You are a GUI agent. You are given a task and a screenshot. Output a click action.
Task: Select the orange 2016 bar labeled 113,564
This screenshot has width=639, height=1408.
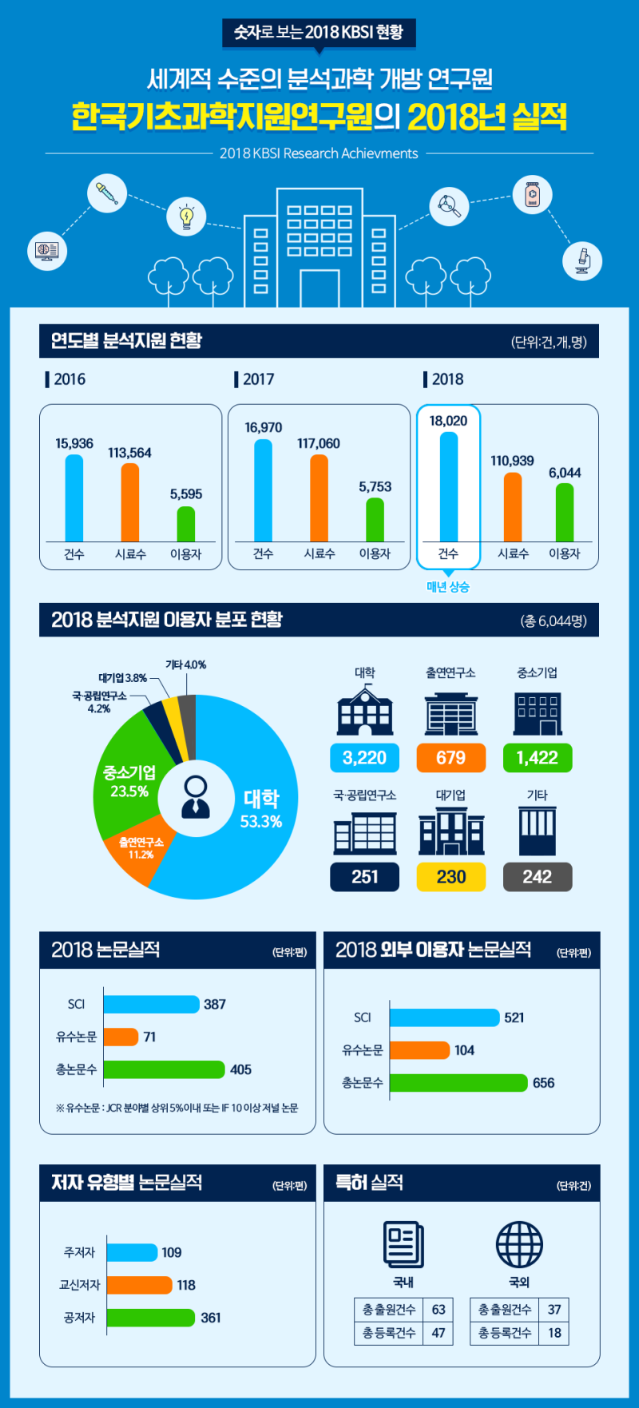click(130, 502)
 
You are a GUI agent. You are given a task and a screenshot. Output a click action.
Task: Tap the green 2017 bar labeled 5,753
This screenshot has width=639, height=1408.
click(375, 520)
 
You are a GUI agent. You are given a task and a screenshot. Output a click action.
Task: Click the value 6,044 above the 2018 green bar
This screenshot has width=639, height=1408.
click(565, 473)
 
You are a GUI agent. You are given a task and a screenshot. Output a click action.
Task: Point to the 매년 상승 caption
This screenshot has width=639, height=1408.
click(448, 587)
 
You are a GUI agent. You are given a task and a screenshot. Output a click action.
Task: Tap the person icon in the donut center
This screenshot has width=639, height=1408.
click(196, 796)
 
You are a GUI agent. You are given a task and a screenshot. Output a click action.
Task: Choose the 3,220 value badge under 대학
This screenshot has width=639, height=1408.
click(364, 758)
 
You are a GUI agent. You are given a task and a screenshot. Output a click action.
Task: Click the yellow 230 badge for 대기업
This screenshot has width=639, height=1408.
click(450, 877)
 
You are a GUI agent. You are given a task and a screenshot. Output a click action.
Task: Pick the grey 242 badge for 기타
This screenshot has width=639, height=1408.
click(537, 877)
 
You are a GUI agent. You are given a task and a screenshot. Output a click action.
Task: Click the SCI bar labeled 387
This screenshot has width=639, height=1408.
click(151, 1004)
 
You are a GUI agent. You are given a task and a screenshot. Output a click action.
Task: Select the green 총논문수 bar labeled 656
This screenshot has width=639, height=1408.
click(458, 1083)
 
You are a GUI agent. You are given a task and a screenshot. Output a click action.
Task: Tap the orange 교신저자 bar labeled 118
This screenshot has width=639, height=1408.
click(139, 1285)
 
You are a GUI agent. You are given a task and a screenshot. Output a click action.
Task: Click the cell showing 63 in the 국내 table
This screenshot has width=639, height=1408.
click(439, 1310)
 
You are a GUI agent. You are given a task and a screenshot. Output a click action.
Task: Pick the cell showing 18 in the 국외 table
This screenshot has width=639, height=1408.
click(554, 1333)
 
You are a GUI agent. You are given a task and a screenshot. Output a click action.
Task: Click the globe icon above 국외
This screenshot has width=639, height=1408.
click(519, 1244)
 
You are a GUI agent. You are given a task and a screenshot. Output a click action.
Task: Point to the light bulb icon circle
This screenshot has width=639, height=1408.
click(186, 216)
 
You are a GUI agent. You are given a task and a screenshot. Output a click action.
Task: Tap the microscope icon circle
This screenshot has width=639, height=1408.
click(582, 260)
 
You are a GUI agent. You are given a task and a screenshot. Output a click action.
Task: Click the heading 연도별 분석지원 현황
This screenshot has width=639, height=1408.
click(126, 341)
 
